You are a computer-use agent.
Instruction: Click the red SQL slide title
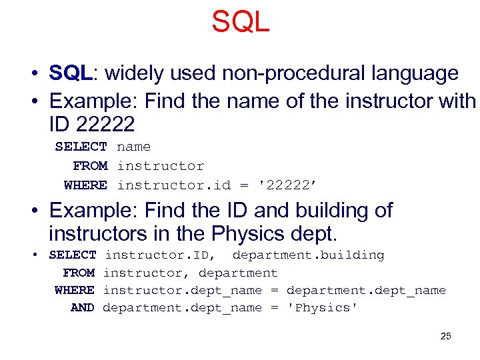(x=240, y=21)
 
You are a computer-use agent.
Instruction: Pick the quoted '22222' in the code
(x=291, y=185)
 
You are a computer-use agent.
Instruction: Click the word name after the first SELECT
(x=133, y=147)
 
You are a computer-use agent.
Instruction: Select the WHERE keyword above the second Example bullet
(x=85, y=185)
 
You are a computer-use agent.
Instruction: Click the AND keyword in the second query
(x=83, y=307)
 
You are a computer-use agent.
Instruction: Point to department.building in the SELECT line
(x=308, y=255)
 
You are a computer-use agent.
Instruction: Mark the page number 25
(x=445, y=336)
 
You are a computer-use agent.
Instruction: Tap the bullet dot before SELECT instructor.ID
(x=41, y=255)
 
